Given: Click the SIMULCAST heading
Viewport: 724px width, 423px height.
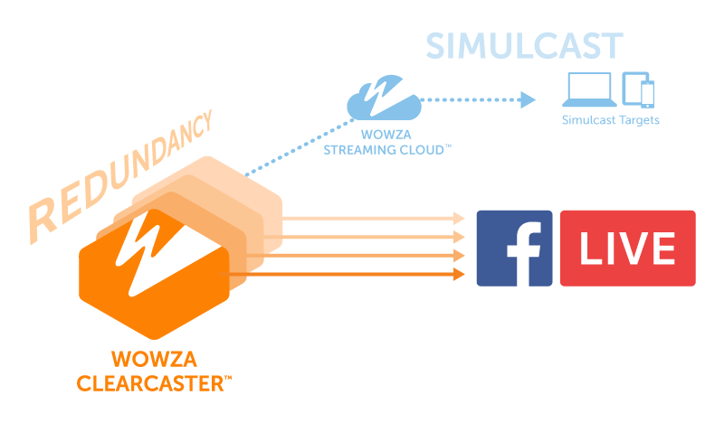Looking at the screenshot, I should [524, 46].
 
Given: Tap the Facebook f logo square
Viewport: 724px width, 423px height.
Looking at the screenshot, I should [514, 249].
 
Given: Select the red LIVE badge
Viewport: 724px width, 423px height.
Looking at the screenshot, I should [628, 249].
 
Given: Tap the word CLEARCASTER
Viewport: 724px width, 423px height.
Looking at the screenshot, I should [153, 384].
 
